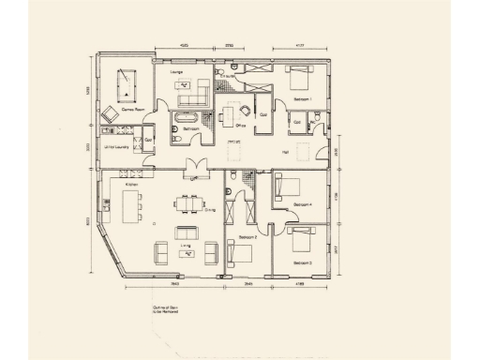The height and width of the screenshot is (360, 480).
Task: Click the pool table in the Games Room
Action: [123, 87]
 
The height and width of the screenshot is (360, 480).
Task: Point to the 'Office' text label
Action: [240, 125]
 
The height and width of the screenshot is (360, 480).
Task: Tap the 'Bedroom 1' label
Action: [302, 98]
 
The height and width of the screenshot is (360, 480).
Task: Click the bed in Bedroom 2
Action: [239, 252]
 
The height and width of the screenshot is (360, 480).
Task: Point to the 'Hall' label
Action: [285, 151]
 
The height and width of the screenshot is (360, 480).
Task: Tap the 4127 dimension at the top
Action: [301, 45]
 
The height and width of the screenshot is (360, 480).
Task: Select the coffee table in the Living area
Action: [185, 251]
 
